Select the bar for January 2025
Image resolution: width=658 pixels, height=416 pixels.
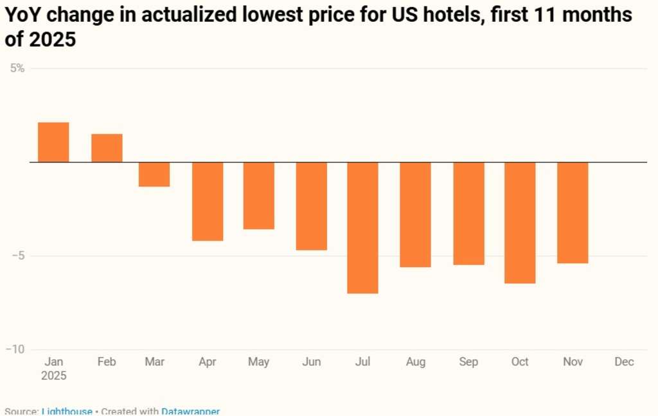[x=53, y=142]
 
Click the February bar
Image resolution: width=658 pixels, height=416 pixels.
[x=107, y=148]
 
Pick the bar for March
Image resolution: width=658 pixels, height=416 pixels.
[x=154, y=174]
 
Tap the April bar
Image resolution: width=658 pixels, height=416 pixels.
[x=208, y=201]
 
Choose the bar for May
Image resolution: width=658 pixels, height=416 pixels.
[x=259, y=195]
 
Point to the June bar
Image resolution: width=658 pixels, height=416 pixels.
[x=312, y=205]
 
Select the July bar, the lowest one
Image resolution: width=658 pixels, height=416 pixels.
[x=363, y=227]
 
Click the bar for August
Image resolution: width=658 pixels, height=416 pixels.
[x=416, y=214]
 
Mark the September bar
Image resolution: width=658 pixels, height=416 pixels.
[x=468, y=213]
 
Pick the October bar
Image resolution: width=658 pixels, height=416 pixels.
[x=520, y=222]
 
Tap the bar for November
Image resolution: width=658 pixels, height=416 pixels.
[x=573, y=212]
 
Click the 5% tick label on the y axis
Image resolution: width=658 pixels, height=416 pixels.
[x=17, y=68]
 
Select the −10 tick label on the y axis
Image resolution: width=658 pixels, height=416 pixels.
[x=15, y=349]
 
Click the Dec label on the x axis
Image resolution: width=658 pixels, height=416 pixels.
[x=624, y=362]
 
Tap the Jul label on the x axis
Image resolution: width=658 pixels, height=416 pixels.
[x=363, y=362]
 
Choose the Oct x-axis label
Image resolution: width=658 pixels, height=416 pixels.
[x=520, y=362]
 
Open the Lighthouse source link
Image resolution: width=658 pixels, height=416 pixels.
[x=67, y=412]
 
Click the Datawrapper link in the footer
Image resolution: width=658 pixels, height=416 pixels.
[x=190, y=412]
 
